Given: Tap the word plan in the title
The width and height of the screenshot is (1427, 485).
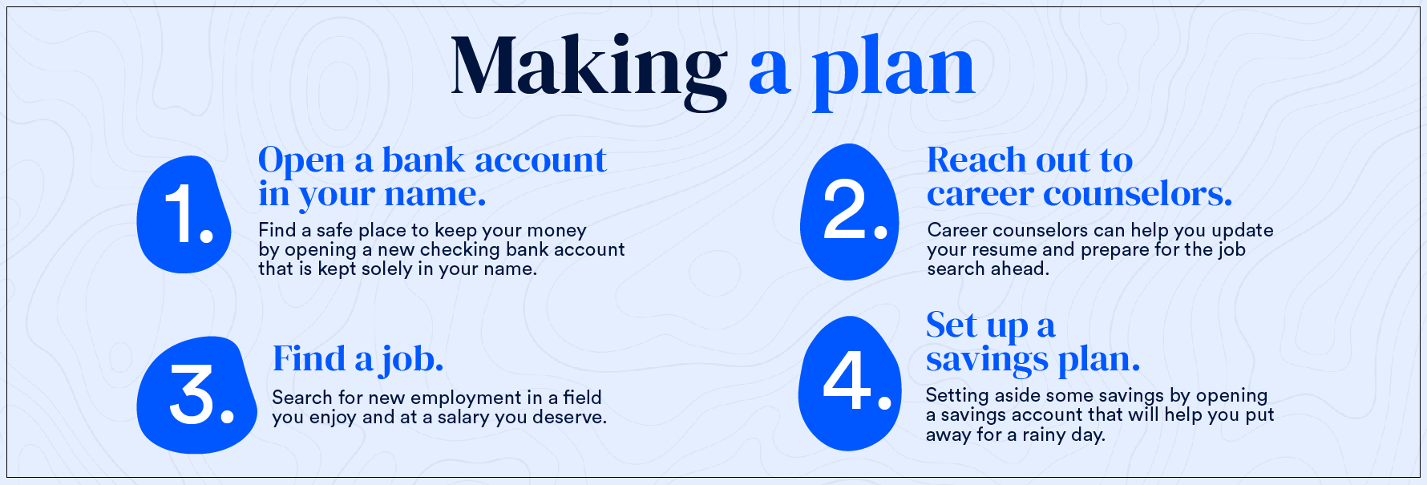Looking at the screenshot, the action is pos(894,71).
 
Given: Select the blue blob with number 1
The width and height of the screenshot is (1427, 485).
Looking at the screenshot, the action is pos(184,214).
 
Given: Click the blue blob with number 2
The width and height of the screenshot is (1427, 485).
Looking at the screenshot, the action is pos(850,212).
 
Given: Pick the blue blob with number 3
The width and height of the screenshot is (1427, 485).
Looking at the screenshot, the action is pos(196,394).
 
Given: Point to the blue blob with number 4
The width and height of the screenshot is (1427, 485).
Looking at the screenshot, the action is pos(850,383).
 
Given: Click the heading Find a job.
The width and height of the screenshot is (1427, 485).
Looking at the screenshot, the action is pos(358,359).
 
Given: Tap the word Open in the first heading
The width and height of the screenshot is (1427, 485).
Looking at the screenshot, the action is pos(301,161).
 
